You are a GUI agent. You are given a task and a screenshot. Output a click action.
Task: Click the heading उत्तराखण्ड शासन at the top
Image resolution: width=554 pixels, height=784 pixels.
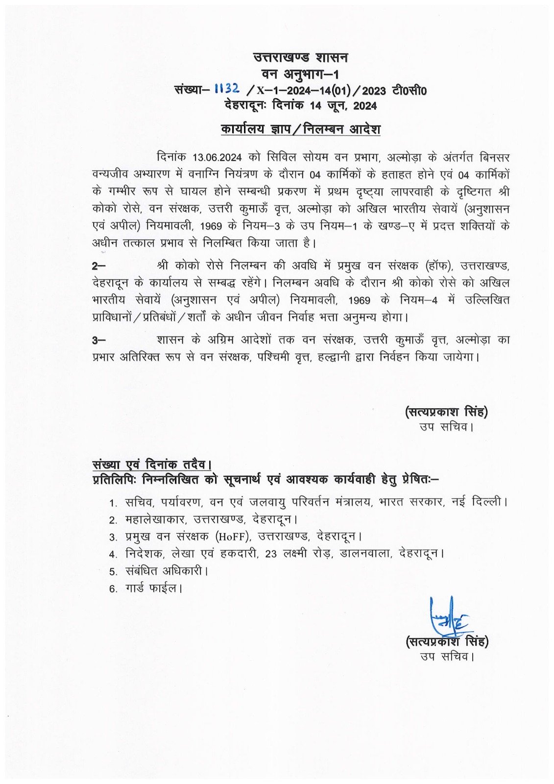[300, 57]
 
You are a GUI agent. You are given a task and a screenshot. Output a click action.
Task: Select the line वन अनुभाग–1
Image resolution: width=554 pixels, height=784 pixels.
[300, 74]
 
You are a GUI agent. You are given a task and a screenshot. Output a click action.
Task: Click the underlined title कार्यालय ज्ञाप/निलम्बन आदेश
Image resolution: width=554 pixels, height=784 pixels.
[300, 129]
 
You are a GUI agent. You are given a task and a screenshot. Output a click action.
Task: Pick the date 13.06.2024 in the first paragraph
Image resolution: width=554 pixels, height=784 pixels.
[217, 158]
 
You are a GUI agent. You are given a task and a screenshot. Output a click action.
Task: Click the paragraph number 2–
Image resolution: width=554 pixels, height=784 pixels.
[98, 266]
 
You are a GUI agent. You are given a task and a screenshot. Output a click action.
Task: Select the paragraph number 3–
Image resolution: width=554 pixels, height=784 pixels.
[98, 340]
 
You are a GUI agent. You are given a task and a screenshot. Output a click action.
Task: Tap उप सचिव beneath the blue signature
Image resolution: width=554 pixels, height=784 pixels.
[447, 656]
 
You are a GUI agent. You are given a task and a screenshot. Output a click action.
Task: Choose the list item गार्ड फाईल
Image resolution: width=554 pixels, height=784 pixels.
[153, 588]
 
